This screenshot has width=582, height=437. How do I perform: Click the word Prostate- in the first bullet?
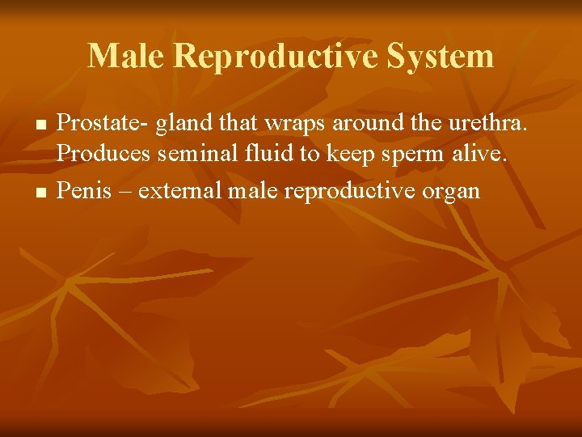(103, 123)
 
